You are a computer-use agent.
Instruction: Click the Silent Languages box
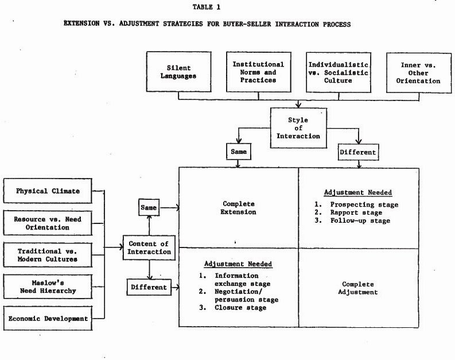(179, 72)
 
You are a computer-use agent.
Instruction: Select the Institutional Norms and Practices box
(259, 72)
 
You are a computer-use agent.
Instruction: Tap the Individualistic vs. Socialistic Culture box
(339, 72)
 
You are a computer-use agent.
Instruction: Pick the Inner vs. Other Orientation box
(419, 73)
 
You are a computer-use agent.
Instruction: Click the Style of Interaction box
(298, 128)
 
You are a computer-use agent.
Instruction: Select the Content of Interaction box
(149, 247)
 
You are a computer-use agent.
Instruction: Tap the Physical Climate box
(48, 191)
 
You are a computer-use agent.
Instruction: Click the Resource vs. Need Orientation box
(48, 223)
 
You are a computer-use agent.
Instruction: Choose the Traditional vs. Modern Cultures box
(48, 255)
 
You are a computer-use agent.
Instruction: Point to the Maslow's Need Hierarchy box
(48, 287)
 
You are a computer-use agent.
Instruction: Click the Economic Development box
(48, 318)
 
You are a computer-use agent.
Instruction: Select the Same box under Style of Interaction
(239, 151)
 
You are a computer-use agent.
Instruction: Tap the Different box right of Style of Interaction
(359, 152)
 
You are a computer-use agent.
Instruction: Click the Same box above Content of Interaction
(149, 207)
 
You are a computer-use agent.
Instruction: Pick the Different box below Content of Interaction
(149, 287)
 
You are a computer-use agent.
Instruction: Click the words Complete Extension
(238, 208)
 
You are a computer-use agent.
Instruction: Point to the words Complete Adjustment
(358, 288)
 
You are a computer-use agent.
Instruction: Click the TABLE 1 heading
(207, 7)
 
